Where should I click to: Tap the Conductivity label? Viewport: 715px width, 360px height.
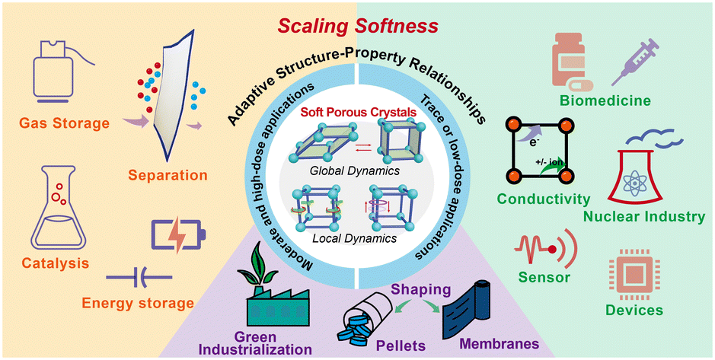point(543,199)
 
